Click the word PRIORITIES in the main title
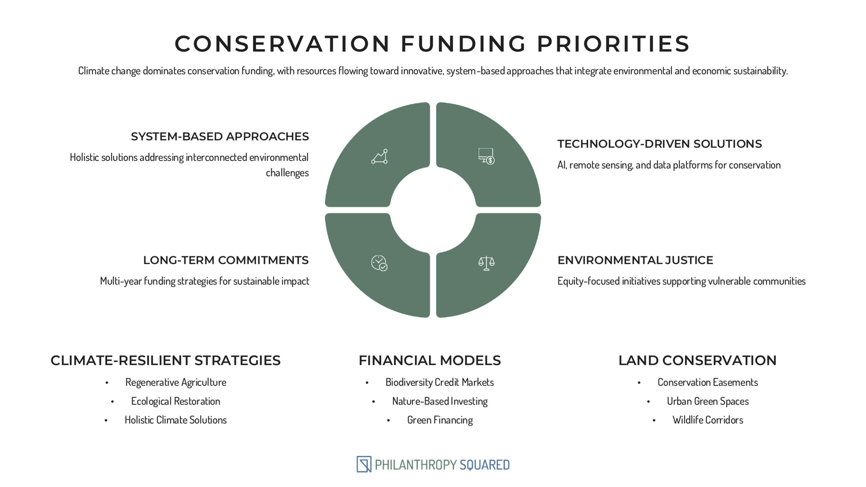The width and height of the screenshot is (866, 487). pyautogui.click(x=613, y=44)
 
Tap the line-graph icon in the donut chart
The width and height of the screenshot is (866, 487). pyautogui.click(x=380, y=157)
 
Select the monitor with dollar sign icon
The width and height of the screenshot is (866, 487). pyautogui.click(x=486, y=156)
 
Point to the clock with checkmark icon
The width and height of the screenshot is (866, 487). pyautogui.click(x=379, y=263)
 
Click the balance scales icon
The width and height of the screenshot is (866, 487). pyautogui.click(x=486, y=263)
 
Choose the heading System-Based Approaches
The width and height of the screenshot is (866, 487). pyautogui.click(x=220, y=136)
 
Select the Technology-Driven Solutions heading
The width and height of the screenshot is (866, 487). pyautogui.click(x=660, y=144)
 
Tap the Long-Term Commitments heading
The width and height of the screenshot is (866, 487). pyautogui.click(x=226, y=260)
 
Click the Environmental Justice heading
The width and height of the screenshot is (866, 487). pyautogui.click(x=635, y=260)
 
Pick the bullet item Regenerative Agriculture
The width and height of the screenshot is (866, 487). pyautogui.click(x=176, y=382)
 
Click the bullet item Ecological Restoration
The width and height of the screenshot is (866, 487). pyautogui.click(x=176, y=401)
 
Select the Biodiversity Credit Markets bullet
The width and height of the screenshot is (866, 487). pyautogui.click(x=440, y=382)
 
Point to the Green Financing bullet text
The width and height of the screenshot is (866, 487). pyautogui.click(x=440, y=420)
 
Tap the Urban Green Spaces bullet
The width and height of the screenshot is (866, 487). pyautogui.click(x=708, y=401)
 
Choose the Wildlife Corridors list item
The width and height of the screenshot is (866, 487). pyautogui.click(x=708, y=420)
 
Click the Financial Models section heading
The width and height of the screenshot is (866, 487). pyautogui.click(x=430, y=361)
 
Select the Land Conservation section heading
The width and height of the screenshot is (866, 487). pyautogui.click(x=698, y=361)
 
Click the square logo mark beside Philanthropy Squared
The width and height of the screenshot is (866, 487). pyautogui.click(x=364, y=464)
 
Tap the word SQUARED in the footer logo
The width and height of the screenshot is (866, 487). pyautogui.click(x=484, y=465)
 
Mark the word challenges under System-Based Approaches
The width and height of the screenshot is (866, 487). pyautogui.click(x=287, y=173)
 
